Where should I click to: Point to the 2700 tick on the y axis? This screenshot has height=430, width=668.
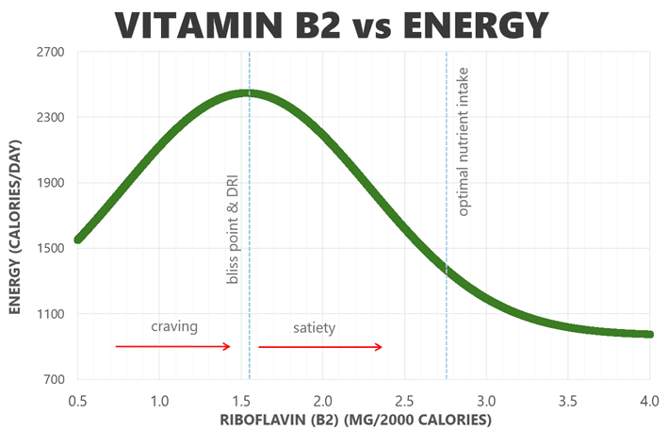[50, 53]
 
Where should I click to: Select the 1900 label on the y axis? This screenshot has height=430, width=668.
[50, 183]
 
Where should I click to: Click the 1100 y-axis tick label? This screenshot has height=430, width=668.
[50, 314]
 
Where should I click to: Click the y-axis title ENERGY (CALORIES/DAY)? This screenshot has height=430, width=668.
[16, 215]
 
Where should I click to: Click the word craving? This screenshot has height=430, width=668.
[174, 326]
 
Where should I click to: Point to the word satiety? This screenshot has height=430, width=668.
[313, 327]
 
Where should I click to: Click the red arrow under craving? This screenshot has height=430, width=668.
[173, 346]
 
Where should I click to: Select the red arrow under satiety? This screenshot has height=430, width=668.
[320, 347]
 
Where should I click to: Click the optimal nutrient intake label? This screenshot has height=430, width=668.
[463, 141]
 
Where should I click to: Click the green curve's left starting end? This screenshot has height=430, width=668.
[79, 239]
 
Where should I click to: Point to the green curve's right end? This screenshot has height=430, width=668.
[649, 334]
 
